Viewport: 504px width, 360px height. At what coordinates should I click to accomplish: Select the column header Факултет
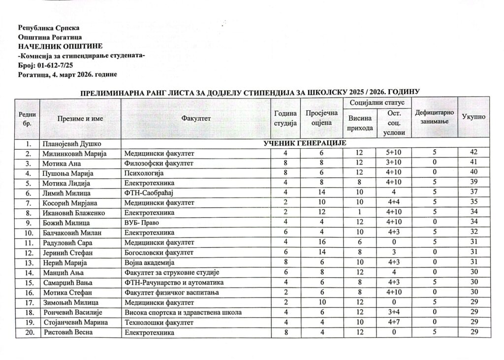tap(195, 118)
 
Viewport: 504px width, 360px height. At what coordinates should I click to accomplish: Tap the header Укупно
tap(473, 117)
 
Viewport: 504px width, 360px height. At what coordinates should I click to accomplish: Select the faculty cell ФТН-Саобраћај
tap(150, 193)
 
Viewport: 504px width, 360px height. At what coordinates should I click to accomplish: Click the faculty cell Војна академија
tap(149, 262)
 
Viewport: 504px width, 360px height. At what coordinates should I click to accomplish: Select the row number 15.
tap(29, 283)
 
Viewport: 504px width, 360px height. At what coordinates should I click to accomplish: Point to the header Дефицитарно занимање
tap(434, 117)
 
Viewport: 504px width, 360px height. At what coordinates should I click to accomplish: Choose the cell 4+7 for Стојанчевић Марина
tap(393, 323)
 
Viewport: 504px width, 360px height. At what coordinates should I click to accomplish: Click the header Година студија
tap(285, 117)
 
